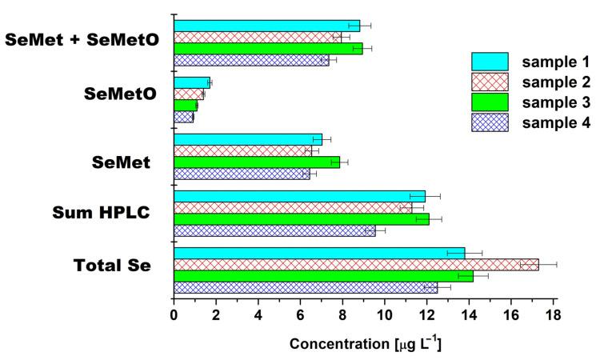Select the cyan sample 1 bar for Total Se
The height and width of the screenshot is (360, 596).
pyautogui.click(x=319, y=253)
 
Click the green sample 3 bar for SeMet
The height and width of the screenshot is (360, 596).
pyautogui.click(x=257, y=162)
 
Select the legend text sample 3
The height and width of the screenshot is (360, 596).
pyautogui.click(x=557, y=102)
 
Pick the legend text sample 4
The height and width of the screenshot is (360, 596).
pyautogui.click(x=557, y=122)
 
